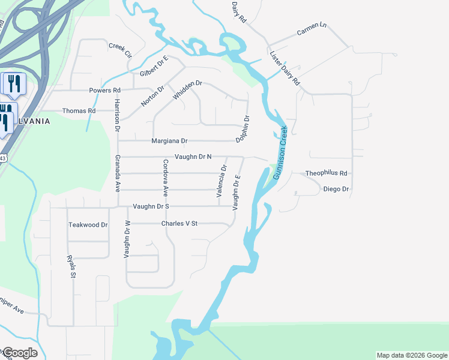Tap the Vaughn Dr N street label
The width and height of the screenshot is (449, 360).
(193, 157)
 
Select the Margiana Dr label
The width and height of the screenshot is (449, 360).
(169, 141)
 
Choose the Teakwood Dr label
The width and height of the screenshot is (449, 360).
(88, 225)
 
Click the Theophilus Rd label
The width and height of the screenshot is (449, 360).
(326, 173)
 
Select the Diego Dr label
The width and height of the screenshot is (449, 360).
(336, 189)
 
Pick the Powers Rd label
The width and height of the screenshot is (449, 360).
(104, 91)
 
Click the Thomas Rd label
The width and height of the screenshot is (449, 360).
(79, 111)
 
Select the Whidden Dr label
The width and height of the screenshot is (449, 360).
(187, 91)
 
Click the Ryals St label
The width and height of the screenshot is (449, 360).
(72, 267)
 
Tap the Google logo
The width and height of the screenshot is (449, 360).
(19, 353)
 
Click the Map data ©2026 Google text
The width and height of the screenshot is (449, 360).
(411, 355)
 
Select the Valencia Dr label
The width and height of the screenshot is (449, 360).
(220, 181)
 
